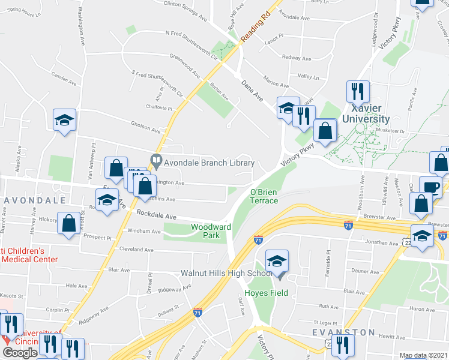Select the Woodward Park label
click(x=211, y=232)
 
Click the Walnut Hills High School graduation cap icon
click(x=277, y=261)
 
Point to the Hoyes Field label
click(x=270, y=293)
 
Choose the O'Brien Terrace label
click(x=264, y=196)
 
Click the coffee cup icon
click(x=430, y=187)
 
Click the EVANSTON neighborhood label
click(x=343, y=332)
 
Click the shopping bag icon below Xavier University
click(x=325, y=132)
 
